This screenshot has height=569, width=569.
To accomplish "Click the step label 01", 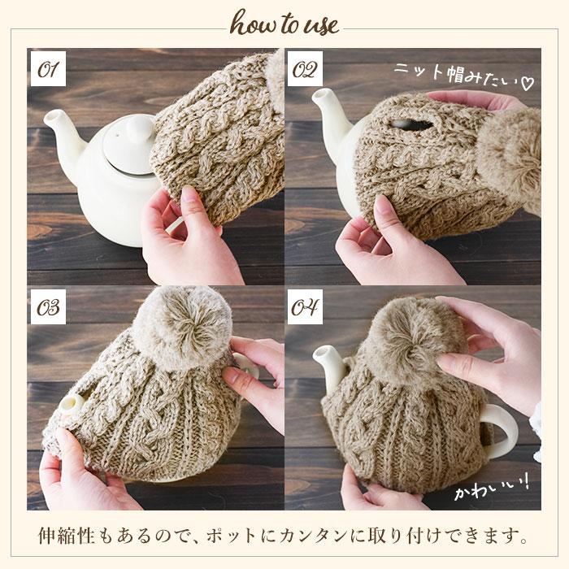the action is (x=48, y=69).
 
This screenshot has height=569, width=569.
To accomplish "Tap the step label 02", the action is (x=305, y=69).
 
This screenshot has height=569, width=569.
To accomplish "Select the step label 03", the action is (x=48, y=307).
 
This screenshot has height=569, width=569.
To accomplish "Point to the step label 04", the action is (x=305, y=307).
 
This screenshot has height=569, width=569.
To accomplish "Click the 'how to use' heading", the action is (x=284, y=24).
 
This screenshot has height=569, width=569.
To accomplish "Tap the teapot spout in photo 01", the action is (x=63, y=134).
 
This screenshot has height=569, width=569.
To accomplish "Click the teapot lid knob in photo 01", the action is (x=139, y=130).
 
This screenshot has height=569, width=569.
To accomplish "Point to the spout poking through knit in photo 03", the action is (x=72, y=403).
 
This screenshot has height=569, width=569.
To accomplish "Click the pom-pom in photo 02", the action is (x=509, y=159).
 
